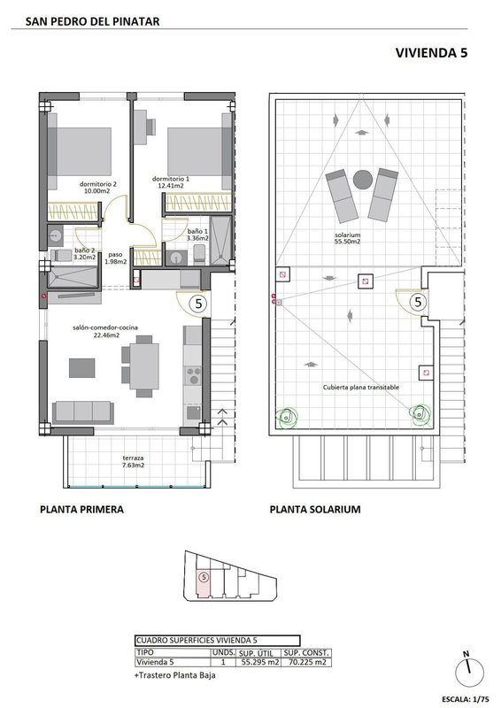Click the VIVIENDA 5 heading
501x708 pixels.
[431, 53]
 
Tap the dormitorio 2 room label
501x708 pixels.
[98, 184]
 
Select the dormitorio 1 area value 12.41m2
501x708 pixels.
[171, 186]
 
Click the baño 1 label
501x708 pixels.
[197, 231]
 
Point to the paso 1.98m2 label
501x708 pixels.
[116, 258]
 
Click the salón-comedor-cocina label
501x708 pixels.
[105, 327]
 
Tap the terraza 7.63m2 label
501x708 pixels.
[134, 461]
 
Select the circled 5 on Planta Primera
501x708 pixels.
[199, 304]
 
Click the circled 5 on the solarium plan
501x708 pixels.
[419, 301]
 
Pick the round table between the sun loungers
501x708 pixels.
[362, 180]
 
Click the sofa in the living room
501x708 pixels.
[82, 412]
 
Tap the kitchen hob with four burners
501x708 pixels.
[193, 375]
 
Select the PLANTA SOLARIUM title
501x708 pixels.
[315, 510]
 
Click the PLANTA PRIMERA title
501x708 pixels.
[81, 510]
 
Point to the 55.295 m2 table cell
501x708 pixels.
[260, 662]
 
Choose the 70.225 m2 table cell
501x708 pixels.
[307, 662]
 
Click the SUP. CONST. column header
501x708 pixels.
[307, 653]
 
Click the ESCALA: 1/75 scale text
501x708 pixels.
[466, 699]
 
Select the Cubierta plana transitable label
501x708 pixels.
[361, 388]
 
